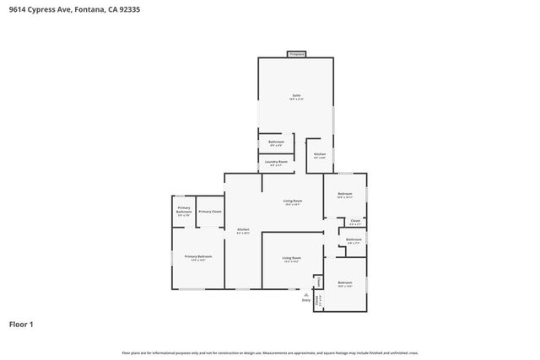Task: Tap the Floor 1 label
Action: coord(22,324)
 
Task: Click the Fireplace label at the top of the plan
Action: coord(296,54)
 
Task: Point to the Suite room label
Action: coord(296,95)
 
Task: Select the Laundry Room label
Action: coord(276,161)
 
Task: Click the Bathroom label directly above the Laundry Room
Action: coord(276,142)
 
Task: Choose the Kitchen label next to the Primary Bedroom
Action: coord(243,230)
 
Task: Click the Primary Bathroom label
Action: coord(184,211)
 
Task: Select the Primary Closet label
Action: coord(210,212)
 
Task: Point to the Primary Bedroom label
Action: coord(198,256)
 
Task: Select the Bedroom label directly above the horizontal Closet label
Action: coord(344,194)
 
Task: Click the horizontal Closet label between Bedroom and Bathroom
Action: coord(355,223)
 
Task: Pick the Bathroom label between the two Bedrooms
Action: coord(354,239)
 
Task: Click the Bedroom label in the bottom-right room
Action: coord(344,282)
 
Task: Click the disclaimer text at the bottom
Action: coord(270,352)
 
